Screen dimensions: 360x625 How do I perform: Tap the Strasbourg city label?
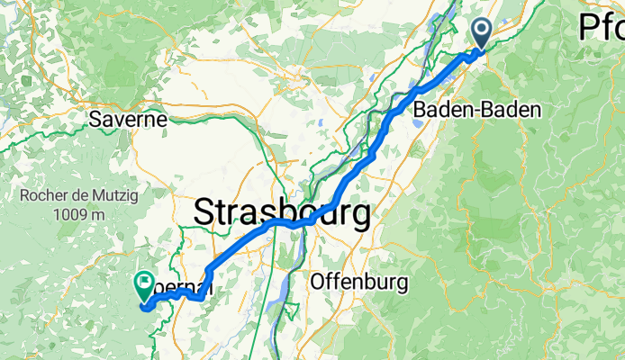pos(282,214)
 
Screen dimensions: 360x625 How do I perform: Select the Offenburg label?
pos(358,282)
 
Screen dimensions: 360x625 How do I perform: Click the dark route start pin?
pos(483,33)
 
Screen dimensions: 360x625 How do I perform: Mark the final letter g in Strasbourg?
pos(360,217)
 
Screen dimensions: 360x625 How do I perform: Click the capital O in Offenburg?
pos(316,282)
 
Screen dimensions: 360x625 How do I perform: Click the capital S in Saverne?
pos(95,119)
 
